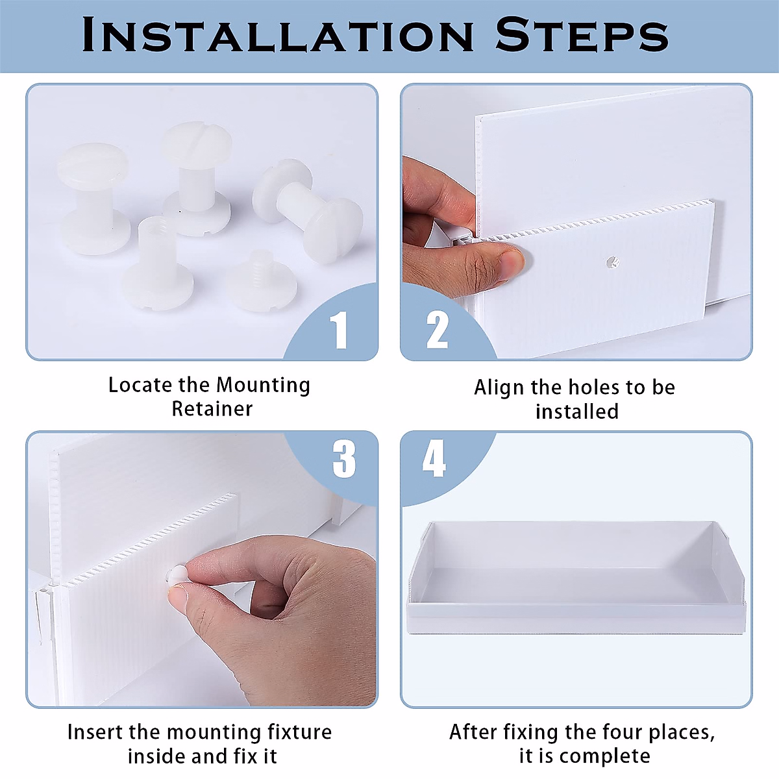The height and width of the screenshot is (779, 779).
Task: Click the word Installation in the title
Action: point(278,35)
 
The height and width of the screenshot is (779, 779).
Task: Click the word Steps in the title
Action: point(582,35)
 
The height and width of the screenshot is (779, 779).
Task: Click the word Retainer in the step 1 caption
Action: point(212,409)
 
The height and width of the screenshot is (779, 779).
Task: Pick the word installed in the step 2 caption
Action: point(577,412)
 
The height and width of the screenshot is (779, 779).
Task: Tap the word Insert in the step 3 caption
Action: point(94,732)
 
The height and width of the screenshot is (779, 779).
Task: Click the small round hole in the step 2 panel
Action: point(612,262)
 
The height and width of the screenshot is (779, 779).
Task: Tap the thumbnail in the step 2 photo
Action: point(511,264)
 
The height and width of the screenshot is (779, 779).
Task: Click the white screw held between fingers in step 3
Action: point(177,575)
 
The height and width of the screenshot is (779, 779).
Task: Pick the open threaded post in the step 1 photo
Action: point(157,263)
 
